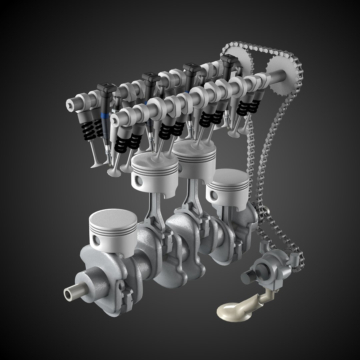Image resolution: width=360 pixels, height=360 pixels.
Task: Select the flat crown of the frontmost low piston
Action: pyautogui.click(x=113, y=218)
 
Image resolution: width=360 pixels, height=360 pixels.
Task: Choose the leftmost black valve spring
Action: pyautogui.click(x=85, y=128)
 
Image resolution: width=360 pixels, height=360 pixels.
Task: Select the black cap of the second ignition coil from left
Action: pyautogui.click(x=150, y=79)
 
